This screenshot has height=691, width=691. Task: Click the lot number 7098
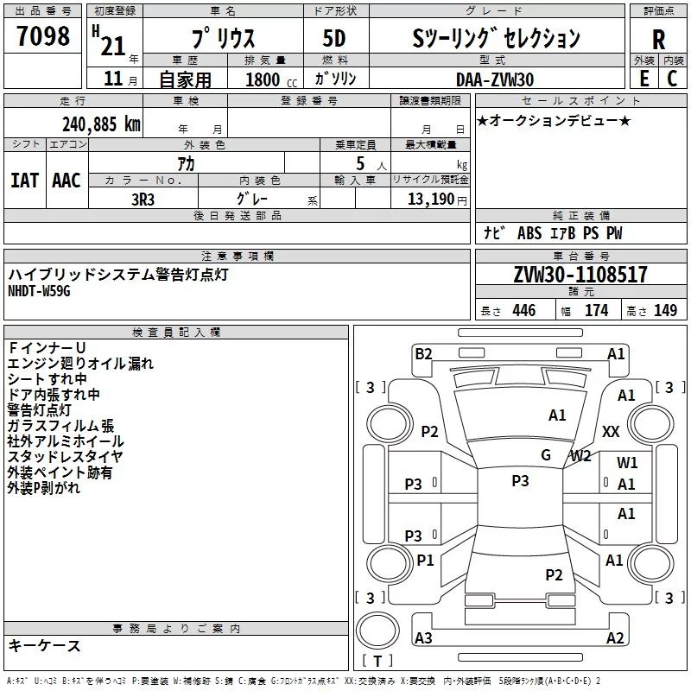(43, 37)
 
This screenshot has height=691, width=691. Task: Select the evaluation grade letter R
(658, 40)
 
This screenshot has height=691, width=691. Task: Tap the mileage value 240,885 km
(101, 124)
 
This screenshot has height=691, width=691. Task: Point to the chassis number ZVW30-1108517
(580, 276)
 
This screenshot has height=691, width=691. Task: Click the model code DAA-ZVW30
(495, 79)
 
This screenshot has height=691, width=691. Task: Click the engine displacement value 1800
(262, 80)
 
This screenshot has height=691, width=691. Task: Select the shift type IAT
(24, 181)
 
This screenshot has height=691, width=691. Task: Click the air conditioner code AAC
(66, 181)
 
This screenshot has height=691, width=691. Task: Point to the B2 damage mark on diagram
(423, 352)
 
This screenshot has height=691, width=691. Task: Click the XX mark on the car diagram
(611, 431)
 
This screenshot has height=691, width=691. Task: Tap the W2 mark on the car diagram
(580, 455)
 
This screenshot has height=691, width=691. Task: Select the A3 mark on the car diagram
(423, 638)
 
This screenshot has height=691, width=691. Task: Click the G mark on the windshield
(546, 455)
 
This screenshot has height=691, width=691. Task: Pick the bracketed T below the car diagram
(377, 662)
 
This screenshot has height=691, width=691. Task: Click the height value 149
(665, 310)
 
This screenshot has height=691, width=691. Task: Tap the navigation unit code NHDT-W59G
(39, 291)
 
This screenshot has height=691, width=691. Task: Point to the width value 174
(596, 310)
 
